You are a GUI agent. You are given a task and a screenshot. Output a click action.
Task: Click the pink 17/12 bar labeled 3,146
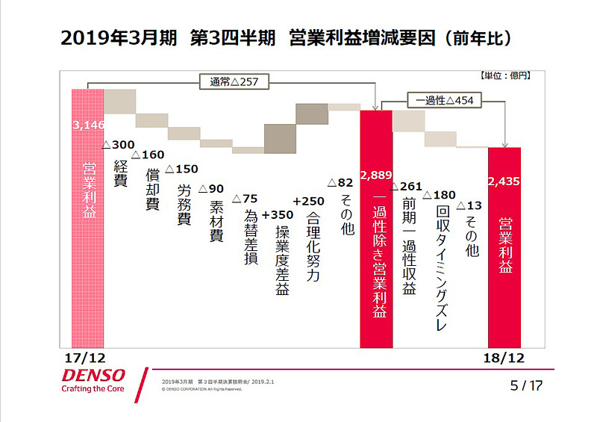pyautogui.click(x=87, y=217)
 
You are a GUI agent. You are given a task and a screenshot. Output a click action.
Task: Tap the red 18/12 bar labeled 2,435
pyautogui.click(x=504, y=246)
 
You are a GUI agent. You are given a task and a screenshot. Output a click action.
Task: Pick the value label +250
pyautogui.click(x=308, y=202)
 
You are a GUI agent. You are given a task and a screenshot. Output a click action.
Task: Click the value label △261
pyautogui.click(x=407, y=185)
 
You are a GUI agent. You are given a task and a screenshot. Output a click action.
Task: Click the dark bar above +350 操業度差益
pyautogui.click(x=280, y=137)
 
